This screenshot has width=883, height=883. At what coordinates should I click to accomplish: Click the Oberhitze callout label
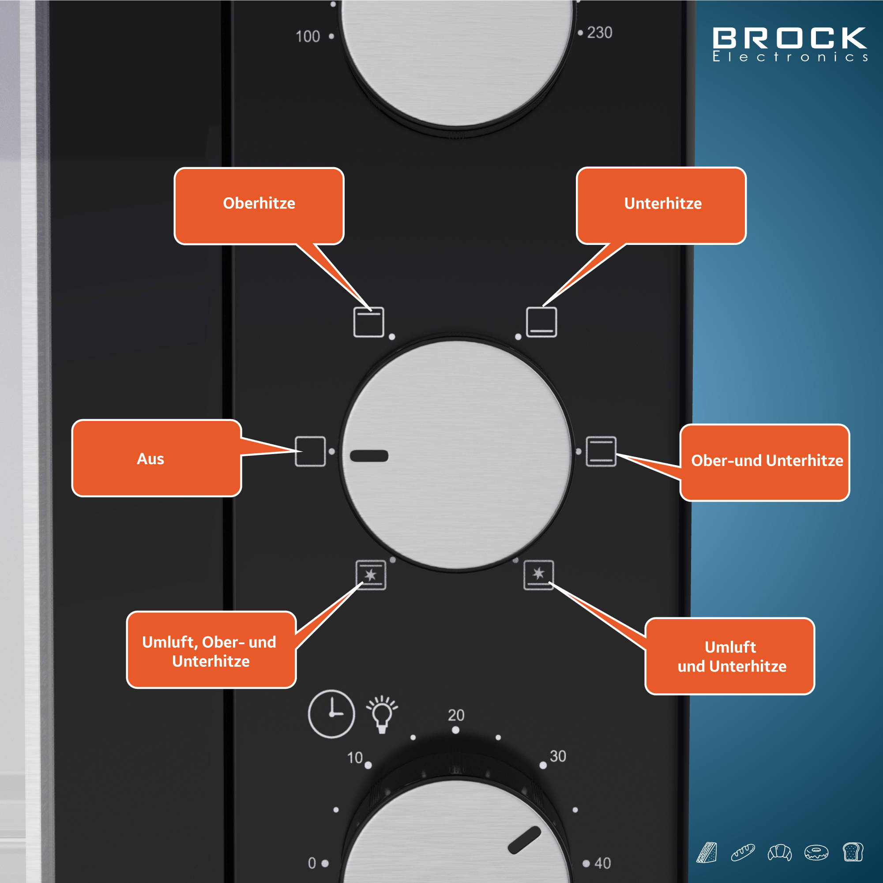[259, 206]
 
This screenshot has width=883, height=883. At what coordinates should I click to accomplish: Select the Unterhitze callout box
[661, 206]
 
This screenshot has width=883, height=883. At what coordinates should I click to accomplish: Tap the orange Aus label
[156, 458]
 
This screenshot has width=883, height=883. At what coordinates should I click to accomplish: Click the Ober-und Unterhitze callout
[764, 462]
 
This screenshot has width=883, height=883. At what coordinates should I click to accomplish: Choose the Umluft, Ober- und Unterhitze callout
[211, 650]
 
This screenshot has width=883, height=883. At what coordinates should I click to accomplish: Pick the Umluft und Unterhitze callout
[729, 656]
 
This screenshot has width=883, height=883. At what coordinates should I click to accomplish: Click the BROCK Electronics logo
[790, 44]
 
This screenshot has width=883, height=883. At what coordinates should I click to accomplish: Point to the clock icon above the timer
[331, 714]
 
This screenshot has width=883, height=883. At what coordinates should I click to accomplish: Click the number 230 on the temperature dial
[599, 33]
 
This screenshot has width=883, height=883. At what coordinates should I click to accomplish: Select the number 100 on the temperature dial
[308, 37]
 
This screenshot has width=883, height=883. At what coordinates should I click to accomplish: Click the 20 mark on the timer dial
[456, 715]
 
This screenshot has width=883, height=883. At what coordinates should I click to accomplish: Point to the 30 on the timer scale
[558, 756]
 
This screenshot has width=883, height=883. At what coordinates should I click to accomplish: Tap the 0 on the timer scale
[312, 863]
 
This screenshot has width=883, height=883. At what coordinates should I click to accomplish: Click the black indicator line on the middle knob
[369, 456]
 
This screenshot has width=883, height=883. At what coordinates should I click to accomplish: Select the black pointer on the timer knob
[524, 840]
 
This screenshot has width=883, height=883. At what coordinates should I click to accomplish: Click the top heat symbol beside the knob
[369, 322]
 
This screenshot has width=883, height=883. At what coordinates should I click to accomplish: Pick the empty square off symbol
[310, 451]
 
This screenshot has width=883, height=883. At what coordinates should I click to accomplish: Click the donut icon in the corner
[816, 853]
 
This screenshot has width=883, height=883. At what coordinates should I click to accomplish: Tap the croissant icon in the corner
[780, 853]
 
